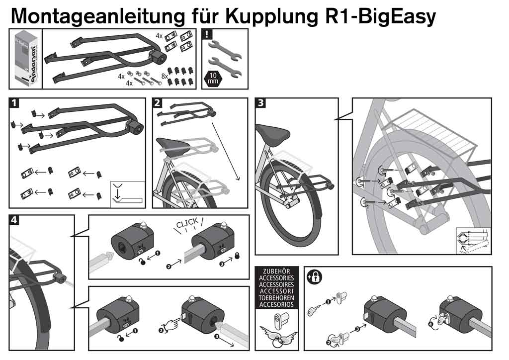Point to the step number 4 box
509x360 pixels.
(x=15, y=220)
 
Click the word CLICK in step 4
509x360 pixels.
(x=186, y=222)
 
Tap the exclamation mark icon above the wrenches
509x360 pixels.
(x=208, y=35)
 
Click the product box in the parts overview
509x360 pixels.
(x=25, y=59)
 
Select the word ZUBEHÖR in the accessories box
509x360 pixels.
(x=276, y=272)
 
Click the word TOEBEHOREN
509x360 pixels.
(x=276, y=298)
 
